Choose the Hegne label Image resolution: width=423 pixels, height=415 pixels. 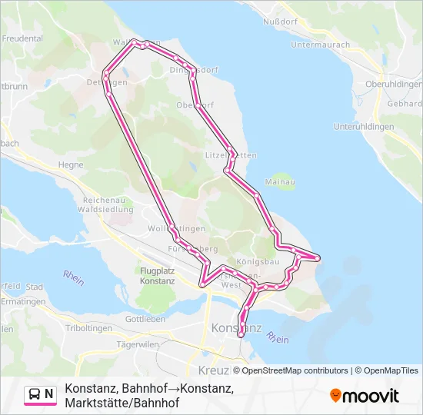pyautogui.click(x=72, y=164)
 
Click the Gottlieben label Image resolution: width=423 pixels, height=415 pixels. pyautogui.click(x=145, y=319)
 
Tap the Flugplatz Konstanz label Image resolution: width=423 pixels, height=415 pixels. pyautogui.click(x=158, y=276)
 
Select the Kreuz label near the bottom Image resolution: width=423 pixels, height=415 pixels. pyautogui.click(x=202, y=349)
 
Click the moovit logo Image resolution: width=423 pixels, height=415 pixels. pyautogui.click(x=365, y=396)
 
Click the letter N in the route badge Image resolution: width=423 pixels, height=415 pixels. pyautogui.click(x=49, y=394)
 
